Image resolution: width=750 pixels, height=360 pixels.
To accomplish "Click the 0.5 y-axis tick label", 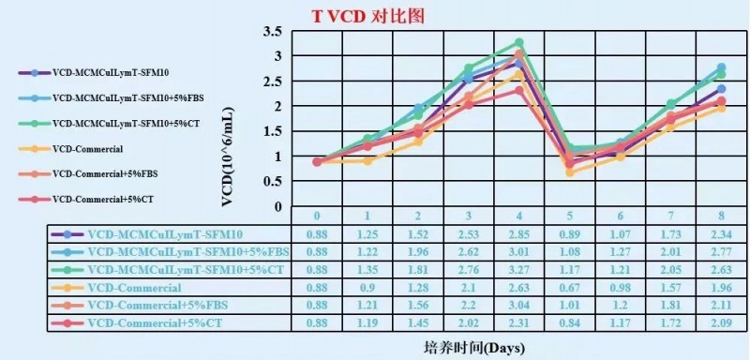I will click(x=272, y=181).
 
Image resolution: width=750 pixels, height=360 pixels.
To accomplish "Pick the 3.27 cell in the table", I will click(x=518, y=270).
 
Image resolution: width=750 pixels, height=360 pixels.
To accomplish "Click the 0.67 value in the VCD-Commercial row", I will click(x=569, y=288).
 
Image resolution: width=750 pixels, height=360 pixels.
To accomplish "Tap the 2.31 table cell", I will click(x=518, y=323).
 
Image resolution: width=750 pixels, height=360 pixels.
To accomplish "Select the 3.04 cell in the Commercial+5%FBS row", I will click(x=518, y=306).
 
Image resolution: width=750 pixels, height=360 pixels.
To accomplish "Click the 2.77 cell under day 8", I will click(x=720, y=252).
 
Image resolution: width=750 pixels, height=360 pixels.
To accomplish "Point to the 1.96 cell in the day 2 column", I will click(x=418, y=252).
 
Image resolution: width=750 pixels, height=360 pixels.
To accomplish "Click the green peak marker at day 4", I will click(x=518, y=43).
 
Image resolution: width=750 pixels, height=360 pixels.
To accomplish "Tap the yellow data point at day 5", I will click(x=569, y=172).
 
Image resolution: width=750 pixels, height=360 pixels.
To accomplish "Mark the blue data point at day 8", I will click(x=720, y=67).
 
